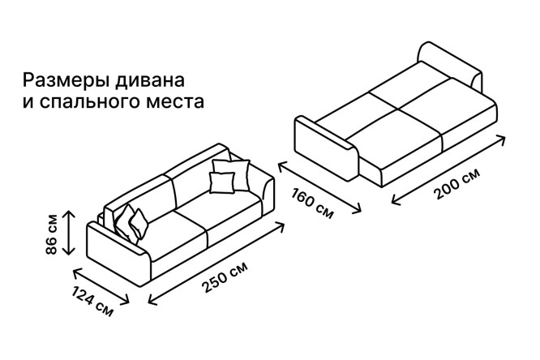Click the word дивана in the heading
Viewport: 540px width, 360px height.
tap(150, 80)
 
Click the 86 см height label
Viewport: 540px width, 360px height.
tap(52, 234)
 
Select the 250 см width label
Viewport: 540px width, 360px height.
tap(225, 277)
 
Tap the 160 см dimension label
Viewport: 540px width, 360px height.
tap(312, 204)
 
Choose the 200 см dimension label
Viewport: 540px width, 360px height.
tap(456, 184)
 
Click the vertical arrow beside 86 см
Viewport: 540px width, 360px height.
tap(70, 233)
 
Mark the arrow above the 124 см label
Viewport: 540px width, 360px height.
tap(101, 286)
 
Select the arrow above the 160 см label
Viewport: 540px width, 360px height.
tap(319, 188)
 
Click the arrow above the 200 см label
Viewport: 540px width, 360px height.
tap(448, 170)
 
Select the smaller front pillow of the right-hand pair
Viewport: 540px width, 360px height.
tap(222, 182)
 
